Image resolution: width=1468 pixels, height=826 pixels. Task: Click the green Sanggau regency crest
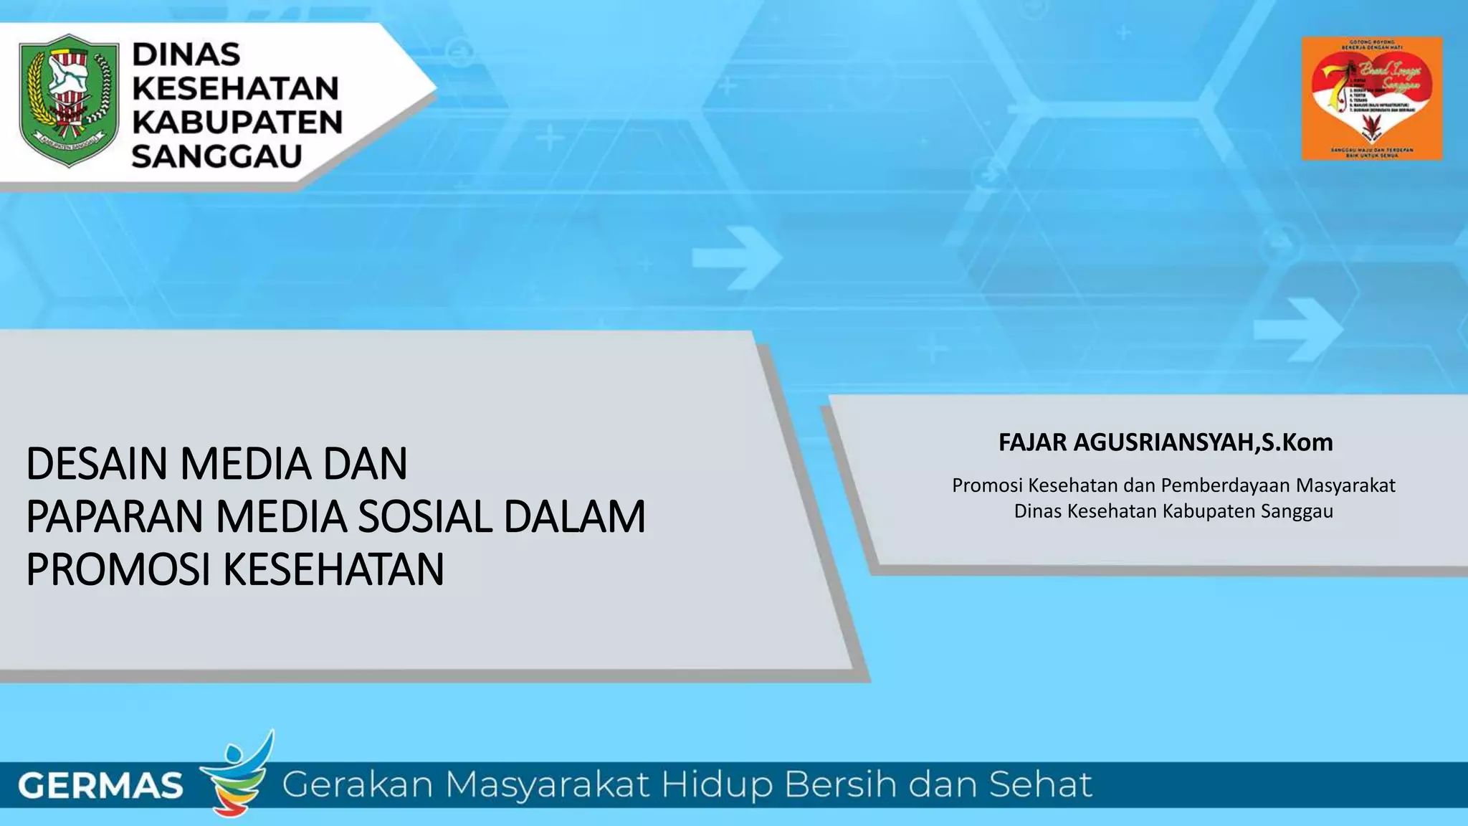tap(69, 100)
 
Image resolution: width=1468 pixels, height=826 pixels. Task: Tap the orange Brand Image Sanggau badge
tap(1371, 98)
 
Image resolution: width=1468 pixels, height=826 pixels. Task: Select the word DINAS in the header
tap(186, 54)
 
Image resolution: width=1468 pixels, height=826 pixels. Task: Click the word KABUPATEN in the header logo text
tap(237, 123)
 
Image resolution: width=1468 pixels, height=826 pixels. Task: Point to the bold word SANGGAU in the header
tap(216, 156)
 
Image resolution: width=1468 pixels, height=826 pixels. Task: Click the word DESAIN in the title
tap(97, 464)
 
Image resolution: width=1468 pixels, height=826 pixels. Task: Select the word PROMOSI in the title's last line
tap(118, 570)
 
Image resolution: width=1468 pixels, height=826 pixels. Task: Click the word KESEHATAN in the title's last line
tap(333, 570)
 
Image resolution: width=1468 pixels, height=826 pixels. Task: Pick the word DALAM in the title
tap(574, 517)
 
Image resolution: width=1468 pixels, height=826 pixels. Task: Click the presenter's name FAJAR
tap(1033, 442)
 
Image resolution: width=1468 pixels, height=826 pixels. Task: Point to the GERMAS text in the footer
tap(100, 786)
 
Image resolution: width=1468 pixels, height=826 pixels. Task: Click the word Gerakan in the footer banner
tap(357, 784)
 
